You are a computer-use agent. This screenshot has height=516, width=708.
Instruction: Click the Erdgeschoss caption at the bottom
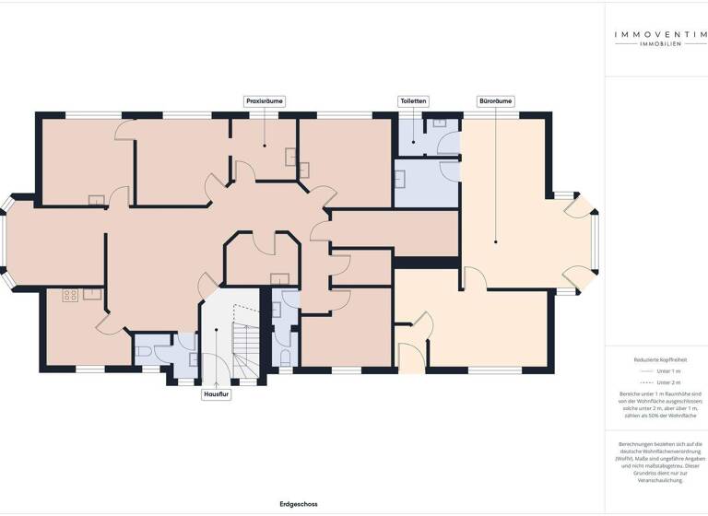(x=299, y=505)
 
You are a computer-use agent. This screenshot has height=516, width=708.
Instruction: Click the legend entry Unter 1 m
(x=656, y=370)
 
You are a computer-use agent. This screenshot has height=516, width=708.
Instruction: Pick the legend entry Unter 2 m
(x=656, y=381)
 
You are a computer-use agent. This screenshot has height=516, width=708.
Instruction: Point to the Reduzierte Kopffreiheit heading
(x=656, y=359)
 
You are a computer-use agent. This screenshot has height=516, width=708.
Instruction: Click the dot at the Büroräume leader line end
(x=495, y=242)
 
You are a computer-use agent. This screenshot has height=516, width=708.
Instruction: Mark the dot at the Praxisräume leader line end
(x=264, y=145)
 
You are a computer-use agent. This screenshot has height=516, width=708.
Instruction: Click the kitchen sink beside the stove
(x=92, y=295)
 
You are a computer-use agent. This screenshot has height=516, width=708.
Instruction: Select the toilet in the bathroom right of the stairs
(x=285, y=358)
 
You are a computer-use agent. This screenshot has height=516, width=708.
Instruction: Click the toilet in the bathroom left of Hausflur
(x=148, y=351)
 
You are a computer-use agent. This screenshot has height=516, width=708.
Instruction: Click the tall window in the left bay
(x=6, y=242)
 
